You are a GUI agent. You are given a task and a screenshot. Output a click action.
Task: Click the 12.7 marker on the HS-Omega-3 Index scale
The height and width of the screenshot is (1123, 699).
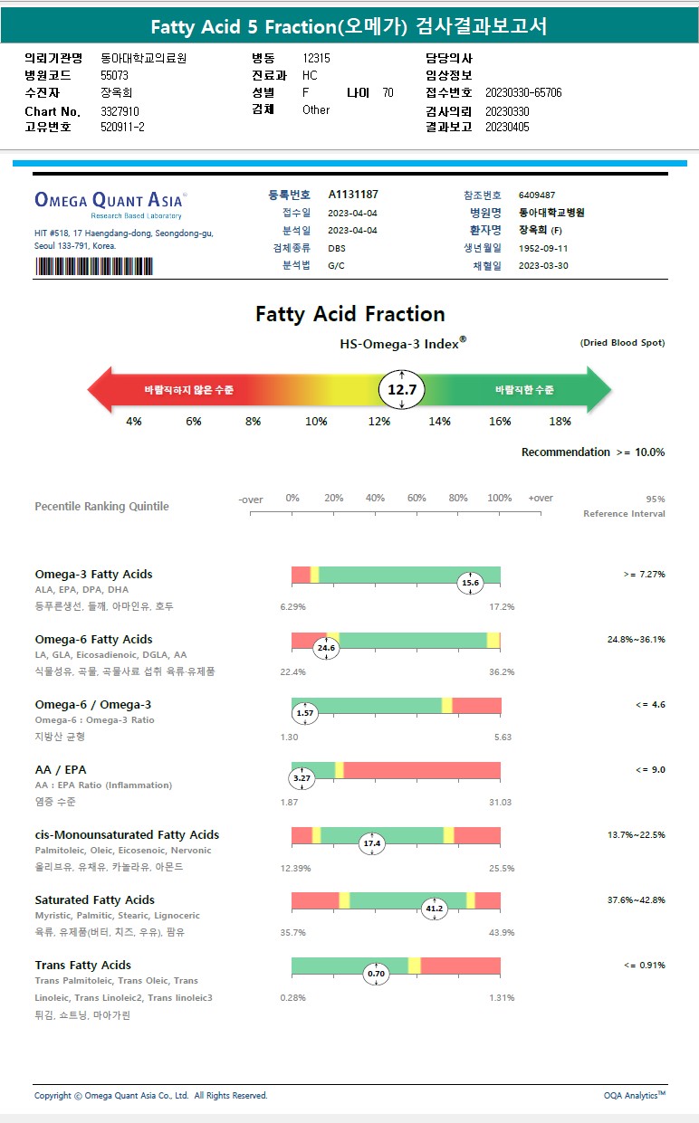pos(401,390)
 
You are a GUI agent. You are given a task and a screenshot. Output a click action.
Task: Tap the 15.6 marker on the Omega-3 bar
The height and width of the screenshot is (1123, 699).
pos(470,583)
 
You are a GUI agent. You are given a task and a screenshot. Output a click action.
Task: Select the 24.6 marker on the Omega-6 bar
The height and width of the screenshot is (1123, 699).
pos(325,648)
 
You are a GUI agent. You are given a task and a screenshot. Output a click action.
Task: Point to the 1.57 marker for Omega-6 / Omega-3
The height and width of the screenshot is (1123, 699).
pos(305,713)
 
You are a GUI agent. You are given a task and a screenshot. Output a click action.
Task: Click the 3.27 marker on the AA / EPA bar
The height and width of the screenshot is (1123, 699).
pos(302,778)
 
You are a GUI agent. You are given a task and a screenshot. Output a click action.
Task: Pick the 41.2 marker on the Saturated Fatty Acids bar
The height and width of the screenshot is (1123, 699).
pos(435,909)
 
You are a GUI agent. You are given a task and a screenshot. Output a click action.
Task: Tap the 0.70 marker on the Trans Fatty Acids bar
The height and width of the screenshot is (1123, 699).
pos(377,974)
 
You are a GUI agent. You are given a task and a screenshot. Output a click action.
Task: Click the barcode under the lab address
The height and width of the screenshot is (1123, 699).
pos(93,266)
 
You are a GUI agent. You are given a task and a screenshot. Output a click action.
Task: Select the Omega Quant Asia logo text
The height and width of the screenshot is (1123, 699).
pos(109,200)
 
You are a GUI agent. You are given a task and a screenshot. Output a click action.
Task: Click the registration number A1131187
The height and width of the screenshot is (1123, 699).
pos(353,195)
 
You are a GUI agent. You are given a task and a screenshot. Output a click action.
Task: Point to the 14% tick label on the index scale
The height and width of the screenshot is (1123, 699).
pos(439,422)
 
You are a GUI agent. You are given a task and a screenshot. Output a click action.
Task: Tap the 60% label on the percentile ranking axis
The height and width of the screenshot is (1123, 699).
pos(417,499)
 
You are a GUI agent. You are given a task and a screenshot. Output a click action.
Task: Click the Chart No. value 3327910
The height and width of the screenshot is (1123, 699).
pos(120,111)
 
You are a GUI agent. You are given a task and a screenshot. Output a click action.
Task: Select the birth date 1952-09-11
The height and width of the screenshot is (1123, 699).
pos(543,248)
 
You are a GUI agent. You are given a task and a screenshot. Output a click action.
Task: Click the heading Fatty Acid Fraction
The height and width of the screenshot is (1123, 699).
pos(349,314)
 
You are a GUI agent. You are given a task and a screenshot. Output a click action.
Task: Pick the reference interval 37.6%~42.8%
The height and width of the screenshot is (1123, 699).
pos(636,899)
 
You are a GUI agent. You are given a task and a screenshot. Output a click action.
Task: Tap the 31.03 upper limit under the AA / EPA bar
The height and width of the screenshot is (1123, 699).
pos(500,803)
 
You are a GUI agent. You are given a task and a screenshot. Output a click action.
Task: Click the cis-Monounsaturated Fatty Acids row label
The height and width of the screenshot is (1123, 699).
pos(127,834)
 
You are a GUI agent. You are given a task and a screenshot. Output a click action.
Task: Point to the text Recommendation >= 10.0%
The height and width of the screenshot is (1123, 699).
pos(592,452)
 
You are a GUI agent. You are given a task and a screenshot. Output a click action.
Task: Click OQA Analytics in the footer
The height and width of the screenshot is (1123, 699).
pos(634,1095)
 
